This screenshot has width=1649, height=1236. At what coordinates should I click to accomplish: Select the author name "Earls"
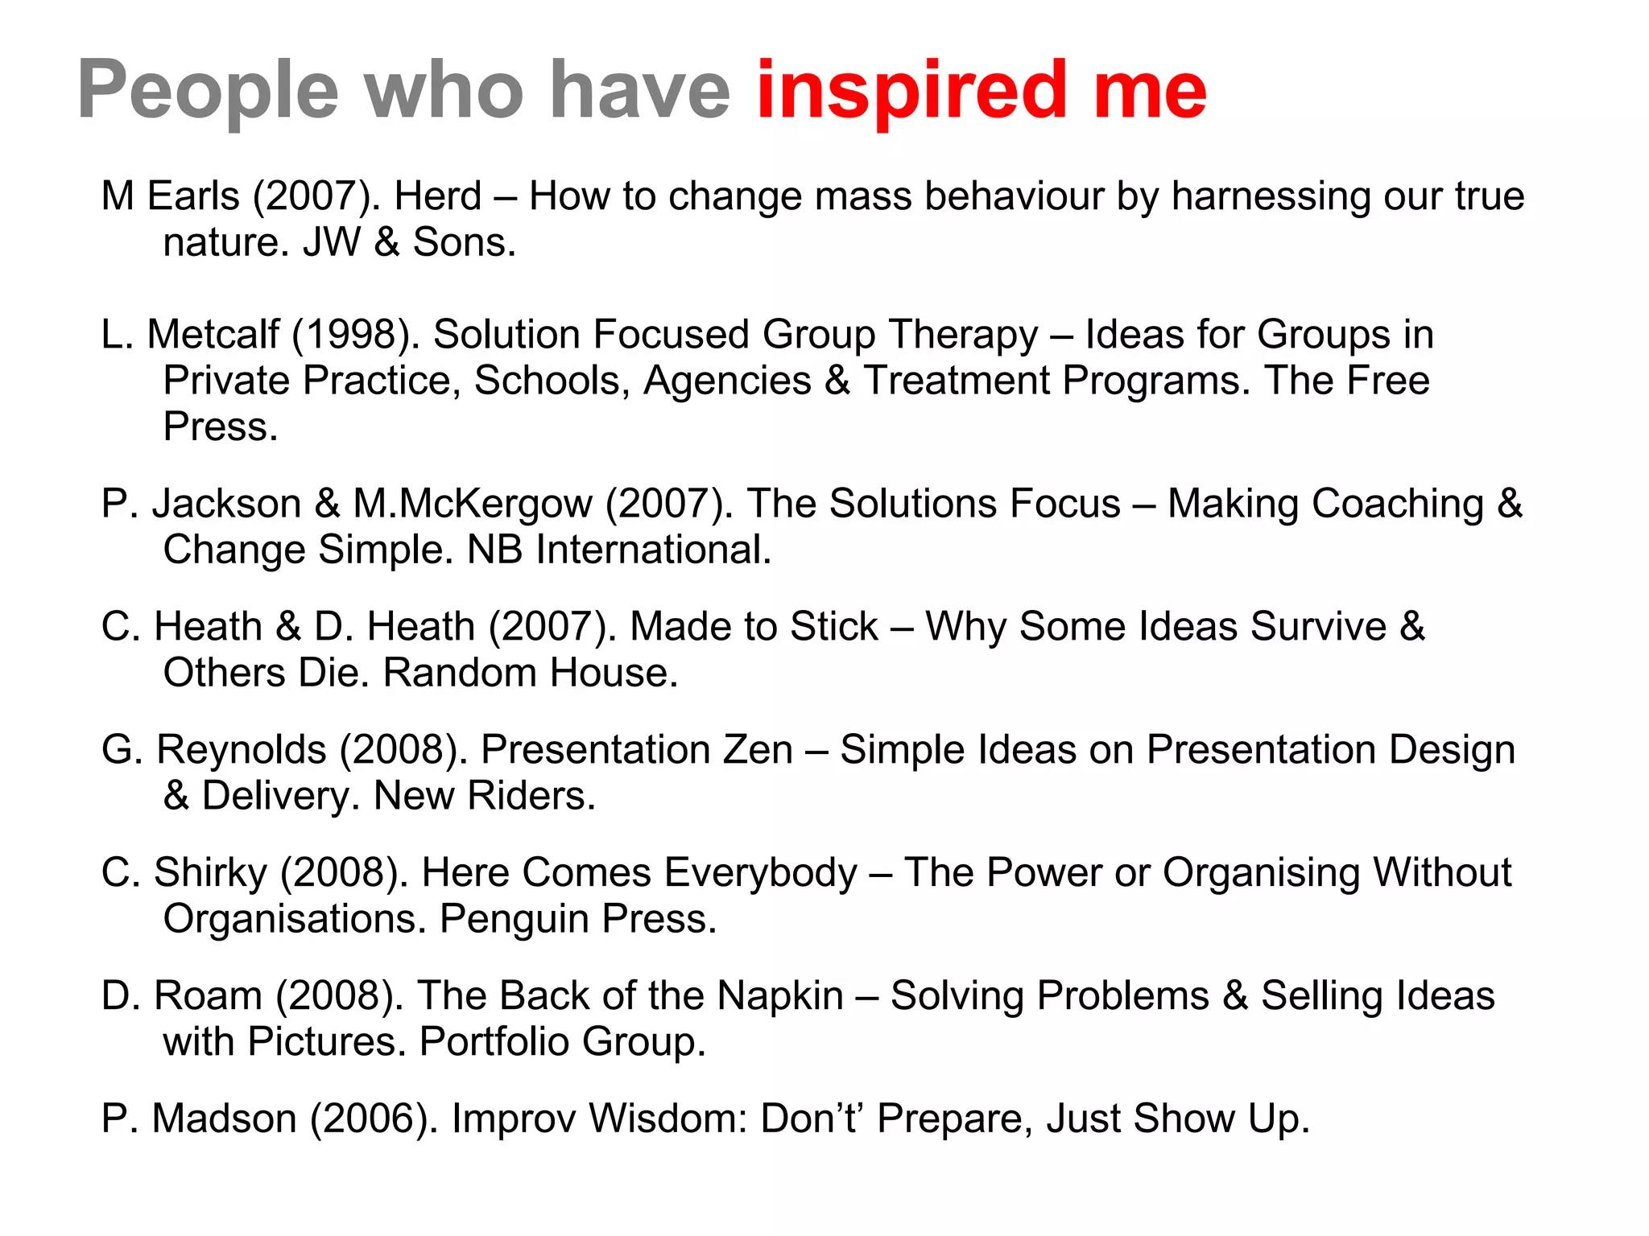point(193,196)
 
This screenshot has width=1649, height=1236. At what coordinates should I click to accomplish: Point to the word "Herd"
point(438,196)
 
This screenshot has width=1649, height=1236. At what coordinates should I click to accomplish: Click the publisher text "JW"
point(332,242)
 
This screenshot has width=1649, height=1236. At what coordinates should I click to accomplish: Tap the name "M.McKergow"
point(473,505)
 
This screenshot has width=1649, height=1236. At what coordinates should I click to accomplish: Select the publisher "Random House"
point(530,674)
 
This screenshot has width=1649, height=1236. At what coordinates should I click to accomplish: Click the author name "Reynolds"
point(241,750)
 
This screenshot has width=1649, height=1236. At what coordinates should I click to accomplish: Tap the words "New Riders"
point(484,797)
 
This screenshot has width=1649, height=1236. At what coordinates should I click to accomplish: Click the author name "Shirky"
point(210,873)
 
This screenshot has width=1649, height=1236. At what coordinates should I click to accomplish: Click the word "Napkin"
point(779,996)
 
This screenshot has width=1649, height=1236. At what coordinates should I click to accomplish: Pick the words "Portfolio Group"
point(562,1042)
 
